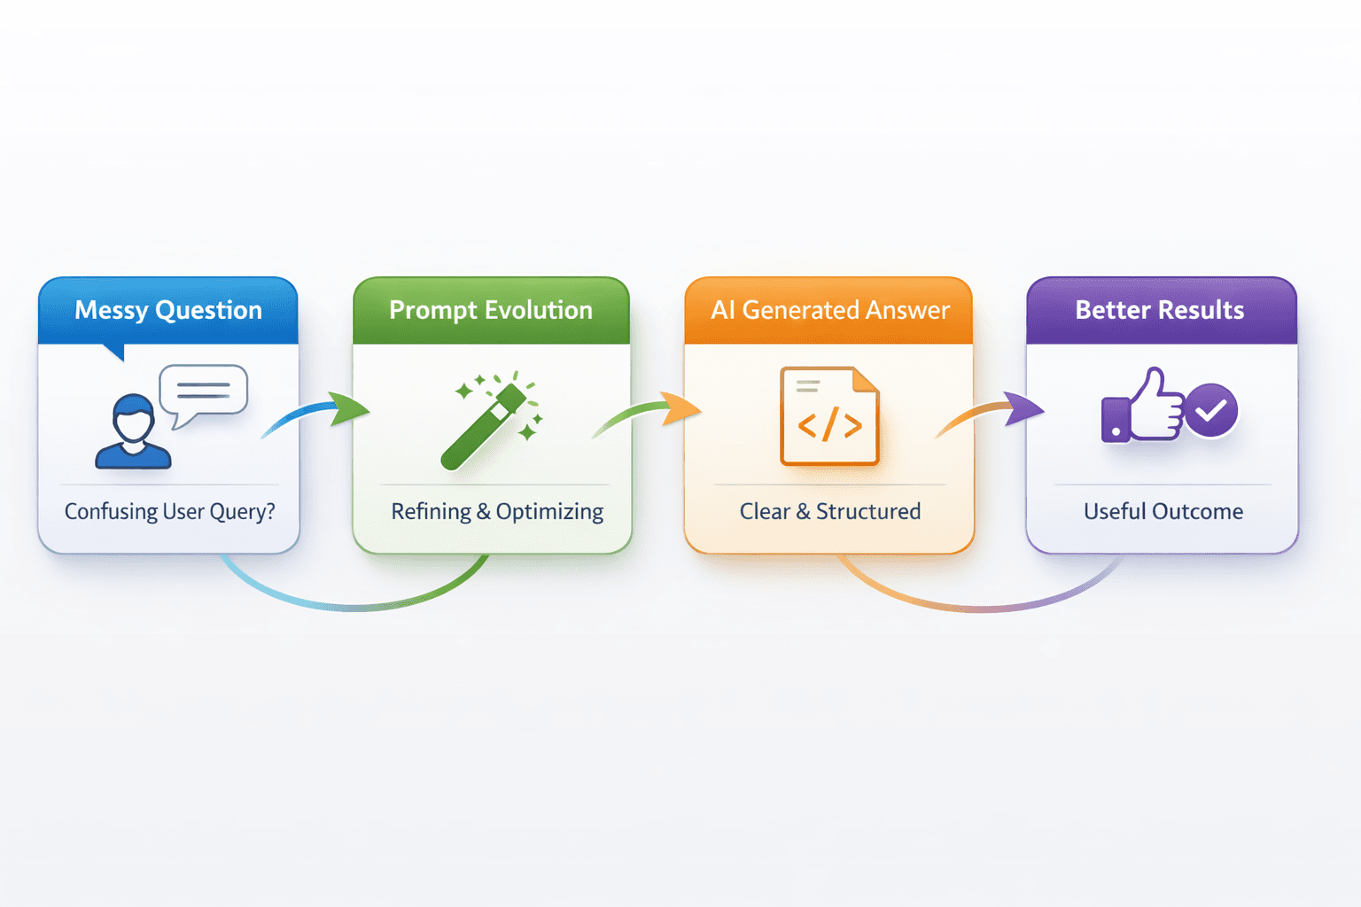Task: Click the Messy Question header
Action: click(x=168, y=310)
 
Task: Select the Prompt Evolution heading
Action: click(x=490, y=310)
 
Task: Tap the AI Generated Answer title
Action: click(x=829, y=310)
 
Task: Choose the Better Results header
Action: click(x=1159, y=310)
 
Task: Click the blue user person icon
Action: click(x=133, y=432)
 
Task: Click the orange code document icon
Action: click(x=829, y=415)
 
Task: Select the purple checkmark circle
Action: click(x=1211, y=410)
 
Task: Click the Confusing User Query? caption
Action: click(x=169, y=511)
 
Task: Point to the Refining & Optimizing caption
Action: click(x=497, y=511)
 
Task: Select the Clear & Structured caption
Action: click(x=829, y=511)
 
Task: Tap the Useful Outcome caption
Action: click(x=1163, y=511)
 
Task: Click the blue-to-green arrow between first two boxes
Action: click(x=319, y=414)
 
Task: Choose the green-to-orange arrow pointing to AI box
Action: click(x=651, y=412)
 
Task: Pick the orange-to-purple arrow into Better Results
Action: click(x=992, y=413)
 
